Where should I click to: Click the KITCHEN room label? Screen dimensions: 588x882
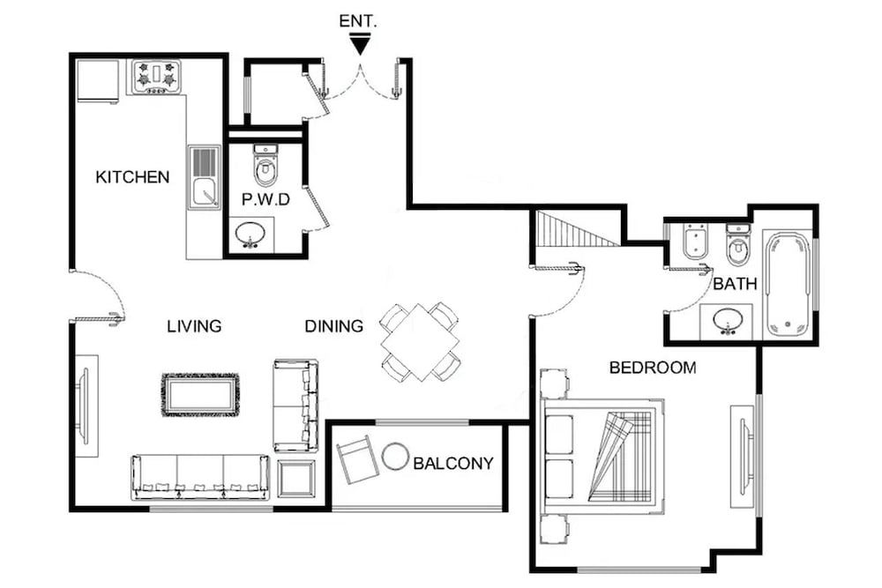pyautogui.click(x=132, y=177)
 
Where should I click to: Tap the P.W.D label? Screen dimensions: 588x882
pyautogui.click(x=265, y=200)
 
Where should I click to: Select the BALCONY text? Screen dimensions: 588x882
pyautogui.click(x=453, y=463)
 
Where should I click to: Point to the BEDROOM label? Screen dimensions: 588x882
pyautogui.click(x=653, y=368)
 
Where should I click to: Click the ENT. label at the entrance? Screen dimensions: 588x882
pyautogui.click(x=358, y=20)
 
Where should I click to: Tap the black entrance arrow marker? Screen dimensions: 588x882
pyautogui.click(x=359, y=42)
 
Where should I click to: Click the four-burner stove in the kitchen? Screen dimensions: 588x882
pyautogui.click(x=155, y=78)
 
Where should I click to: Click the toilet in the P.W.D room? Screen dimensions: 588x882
pyautogui.click(x=265, y=165)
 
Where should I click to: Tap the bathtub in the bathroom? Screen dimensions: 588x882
pyautogui.click(x=786, y=284)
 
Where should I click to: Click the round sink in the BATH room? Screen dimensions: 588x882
pyautogui.click(x=727, y=321)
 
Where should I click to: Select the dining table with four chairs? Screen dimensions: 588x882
pyautogui.click(x=421, y=341)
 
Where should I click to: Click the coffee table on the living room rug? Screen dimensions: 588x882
pyautogui.click(x=200, y=395)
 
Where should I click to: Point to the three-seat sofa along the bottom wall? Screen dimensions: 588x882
pyautogui.click(x=200, y=477)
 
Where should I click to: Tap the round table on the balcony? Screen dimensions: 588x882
pyautogui.click(x=395, y=457)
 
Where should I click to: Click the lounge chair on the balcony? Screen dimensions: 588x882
pyautogui.click(x=357, y=459)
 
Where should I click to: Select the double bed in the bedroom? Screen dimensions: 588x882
pyautogui.click(x=602, y=456)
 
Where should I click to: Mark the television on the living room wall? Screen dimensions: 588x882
pyautogui.click(x=84, y=406)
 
